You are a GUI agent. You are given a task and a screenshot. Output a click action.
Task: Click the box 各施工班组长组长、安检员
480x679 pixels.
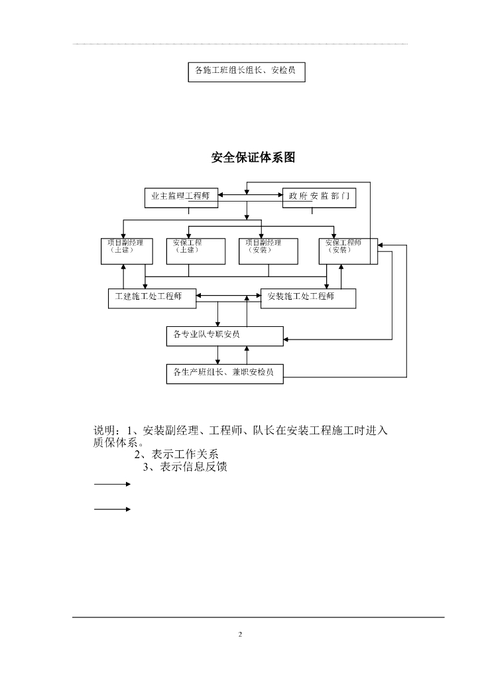click(247, 72)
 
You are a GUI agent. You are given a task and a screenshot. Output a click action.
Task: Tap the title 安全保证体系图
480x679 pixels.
click(253, 158)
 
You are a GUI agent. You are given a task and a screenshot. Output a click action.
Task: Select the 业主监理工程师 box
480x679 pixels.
click(182, 198)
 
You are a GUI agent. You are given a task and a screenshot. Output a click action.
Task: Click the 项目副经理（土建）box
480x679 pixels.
click(123, 251)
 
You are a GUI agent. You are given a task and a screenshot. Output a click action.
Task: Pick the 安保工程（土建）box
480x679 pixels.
click(189, 251)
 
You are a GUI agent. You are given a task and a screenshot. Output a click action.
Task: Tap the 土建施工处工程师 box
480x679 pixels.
click(152, 298)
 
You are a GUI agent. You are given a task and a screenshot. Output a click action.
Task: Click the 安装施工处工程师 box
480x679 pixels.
click(308, 298)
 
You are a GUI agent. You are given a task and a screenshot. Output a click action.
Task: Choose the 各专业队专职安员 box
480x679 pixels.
click(225, 336)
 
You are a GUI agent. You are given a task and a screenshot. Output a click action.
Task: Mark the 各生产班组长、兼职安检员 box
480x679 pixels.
click(225, 374)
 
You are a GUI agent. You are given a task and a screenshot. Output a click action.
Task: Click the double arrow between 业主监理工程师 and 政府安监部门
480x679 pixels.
click(250, 195)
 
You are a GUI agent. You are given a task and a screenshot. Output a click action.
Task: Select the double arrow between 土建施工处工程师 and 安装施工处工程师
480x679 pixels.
click(229, 296)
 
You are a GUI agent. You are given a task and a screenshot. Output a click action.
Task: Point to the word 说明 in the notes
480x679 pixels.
click(104, 431)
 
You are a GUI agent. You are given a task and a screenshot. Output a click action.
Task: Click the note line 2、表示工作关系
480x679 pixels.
click(176, 455)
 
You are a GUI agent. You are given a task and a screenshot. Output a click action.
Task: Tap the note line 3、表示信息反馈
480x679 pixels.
click(186, 467)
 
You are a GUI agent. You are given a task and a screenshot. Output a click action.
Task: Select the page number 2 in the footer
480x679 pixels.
click(241, 635)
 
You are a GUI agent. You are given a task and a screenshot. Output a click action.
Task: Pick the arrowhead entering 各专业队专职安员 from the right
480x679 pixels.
click(287, 339)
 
